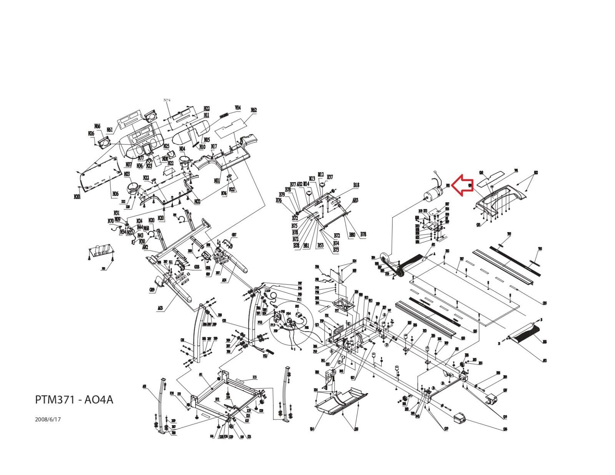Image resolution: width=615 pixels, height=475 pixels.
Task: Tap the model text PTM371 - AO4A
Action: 74,400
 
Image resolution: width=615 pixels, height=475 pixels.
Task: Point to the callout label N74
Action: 166,100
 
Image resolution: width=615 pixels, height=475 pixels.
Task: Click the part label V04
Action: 238,108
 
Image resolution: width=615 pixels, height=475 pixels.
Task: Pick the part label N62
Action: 253,110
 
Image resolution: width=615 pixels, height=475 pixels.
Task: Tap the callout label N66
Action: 97,126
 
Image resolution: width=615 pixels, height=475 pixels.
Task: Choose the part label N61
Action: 110,130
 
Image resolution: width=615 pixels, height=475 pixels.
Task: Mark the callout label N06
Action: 115,194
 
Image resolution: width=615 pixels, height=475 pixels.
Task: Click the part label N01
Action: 217,180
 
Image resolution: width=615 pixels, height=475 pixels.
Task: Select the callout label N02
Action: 197,201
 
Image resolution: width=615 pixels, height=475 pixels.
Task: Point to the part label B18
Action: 356,185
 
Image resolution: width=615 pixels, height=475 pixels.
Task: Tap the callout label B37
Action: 330,177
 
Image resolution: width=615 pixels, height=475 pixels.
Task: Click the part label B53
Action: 320,245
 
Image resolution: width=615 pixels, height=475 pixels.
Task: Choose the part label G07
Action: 234,234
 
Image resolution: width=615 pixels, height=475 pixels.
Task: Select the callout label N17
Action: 214,146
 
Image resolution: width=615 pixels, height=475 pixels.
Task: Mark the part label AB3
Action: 355,200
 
